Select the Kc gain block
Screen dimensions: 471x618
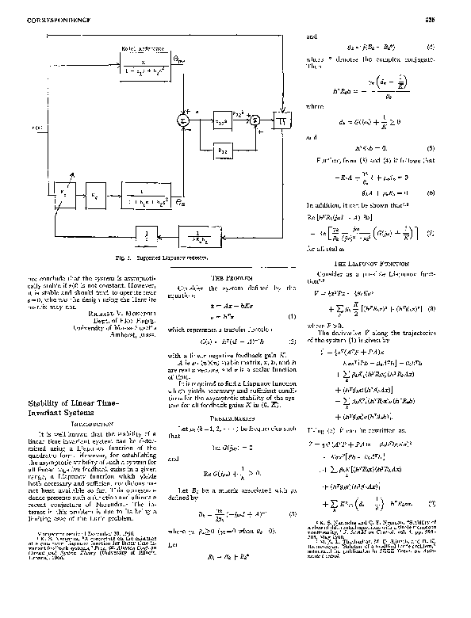pyautogui.click(x=94, y=193)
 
